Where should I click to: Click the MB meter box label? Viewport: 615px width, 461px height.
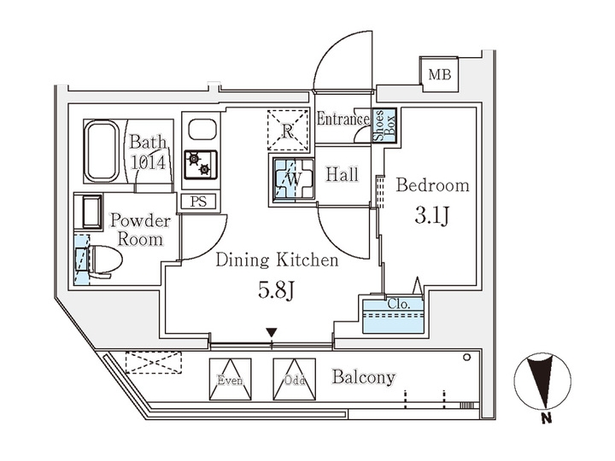(439, 74)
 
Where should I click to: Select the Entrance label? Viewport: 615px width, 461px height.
(343, 120)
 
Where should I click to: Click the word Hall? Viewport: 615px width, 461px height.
(343, 174)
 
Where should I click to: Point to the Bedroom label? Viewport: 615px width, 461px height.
(432, 185)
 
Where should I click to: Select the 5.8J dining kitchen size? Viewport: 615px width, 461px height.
(276, 290)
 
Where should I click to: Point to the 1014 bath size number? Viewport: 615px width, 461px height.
(148, 162)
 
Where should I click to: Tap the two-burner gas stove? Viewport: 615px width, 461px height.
(200, 163)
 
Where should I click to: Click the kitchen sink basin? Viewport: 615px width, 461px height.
(202, 131)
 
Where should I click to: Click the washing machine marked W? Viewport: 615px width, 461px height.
(291, 180)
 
